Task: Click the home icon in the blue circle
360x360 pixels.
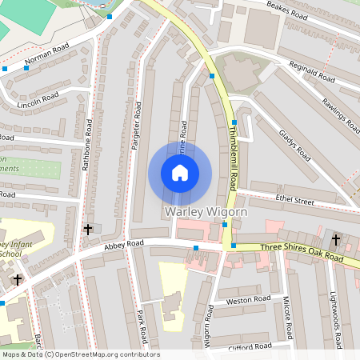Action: (x=180, y=173)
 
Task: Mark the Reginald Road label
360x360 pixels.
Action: (x=312, y=73)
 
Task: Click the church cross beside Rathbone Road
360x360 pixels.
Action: (x=87, y=230)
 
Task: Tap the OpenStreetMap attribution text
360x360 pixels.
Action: (x=80, y=354)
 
